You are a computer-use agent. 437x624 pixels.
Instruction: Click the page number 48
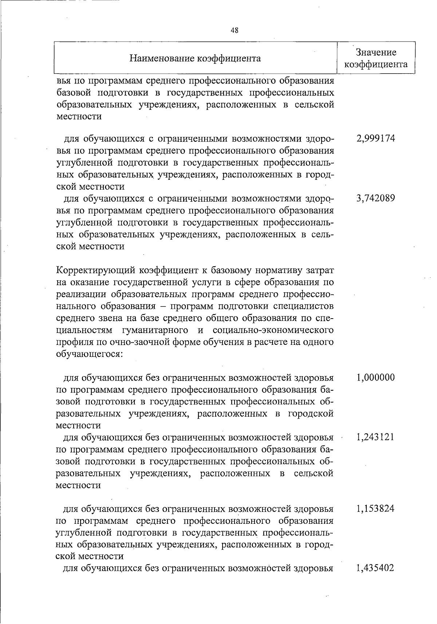pyautogui.click(x=235, y=31)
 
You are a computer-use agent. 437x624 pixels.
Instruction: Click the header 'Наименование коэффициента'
pyautogui.click(x=196, y=58)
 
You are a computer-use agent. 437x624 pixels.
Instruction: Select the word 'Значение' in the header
pyautogui.click(x=376, y=52)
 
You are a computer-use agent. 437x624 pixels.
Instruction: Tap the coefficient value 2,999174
pyautogui.click(x=376, y=139)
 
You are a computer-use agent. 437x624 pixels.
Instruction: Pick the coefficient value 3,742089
pyautogui.click(x=376, y=198)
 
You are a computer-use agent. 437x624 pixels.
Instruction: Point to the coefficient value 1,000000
pyautogui.click(x=376, y=377)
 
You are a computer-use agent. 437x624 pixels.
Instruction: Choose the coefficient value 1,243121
pyautogui.click(x=376, y=437)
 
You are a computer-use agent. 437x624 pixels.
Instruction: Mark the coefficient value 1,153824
pyautogui.click(x=376, y=508)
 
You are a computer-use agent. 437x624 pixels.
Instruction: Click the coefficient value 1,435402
pyautogui.click(x=376, y=568)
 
